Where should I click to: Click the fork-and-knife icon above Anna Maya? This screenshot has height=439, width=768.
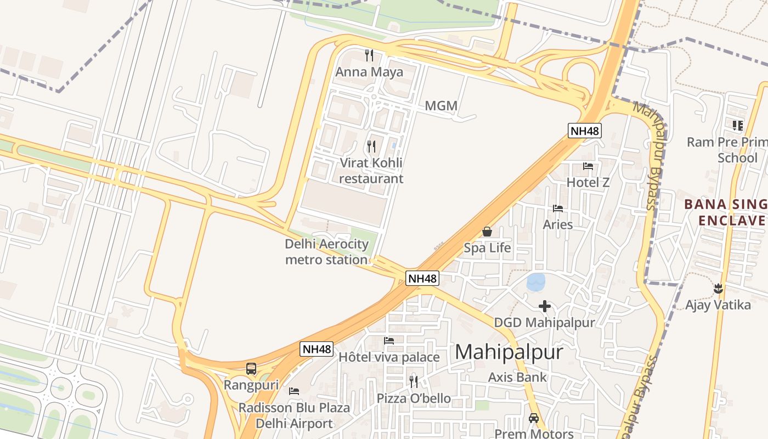(x=369, y=55)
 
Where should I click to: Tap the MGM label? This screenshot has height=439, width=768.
(x=441, y=105)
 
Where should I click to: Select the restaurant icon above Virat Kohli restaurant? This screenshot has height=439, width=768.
(x=371, y=146)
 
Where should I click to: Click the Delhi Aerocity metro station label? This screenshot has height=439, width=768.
(x=326, y=252)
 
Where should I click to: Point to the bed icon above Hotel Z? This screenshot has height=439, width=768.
(x=588, y=166)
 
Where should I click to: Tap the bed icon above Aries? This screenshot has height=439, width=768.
(x=558, y=208)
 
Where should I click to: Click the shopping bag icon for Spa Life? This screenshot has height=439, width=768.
(x=487, y=232)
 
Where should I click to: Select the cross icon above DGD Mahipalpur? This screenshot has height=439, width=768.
(x=544, y=306)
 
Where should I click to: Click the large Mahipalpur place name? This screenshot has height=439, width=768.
(x=509, y=352)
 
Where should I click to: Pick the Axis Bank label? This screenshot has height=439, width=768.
(x=517, y=377)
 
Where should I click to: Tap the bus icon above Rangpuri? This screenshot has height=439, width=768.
(x=251, y=369)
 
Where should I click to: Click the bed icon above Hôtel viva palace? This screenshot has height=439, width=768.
(x=389, y=341)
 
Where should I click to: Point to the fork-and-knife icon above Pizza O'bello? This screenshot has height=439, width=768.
(x=414, y=381)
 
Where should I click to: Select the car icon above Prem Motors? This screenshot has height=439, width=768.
(x=533, y=418)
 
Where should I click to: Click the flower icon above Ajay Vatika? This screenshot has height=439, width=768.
(x=718, y=288)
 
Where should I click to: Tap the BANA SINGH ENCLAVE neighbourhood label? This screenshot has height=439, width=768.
(x=725, y=212)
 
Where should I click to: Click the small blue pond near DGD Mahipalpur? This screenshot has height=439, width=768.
(x=536, y=282)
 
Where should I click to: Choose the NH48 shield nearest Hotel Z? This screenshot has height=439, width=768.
(x=585, y=131)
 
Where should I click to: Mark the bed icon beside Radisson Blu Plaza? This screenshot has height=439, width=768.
(x=294, y=391)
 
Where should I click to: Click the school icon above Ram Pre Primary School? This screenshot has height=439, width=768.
(x=737, y=125)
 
